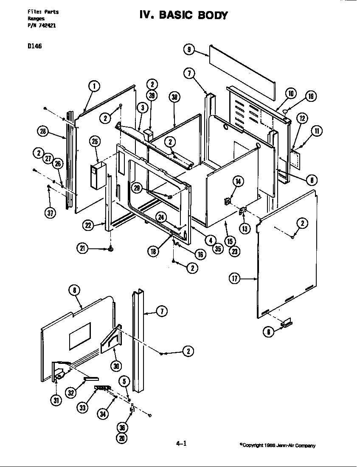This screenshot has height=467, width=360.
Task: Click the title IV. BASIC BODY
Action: point(183,16)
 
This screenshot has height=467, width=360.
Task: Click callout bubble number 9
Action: point(188,50)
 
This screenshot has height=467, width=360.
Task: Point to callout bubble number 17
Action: point(235,279)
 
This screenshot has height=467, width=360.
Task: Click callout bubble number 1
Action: point(94,86)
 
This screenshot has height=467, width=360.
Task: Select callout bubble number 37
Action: point(50,213)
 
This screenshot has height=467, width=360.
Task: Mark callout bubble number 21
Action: point(82,249)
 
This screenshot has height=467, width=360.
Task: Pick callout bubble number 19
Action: point(310,96)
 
